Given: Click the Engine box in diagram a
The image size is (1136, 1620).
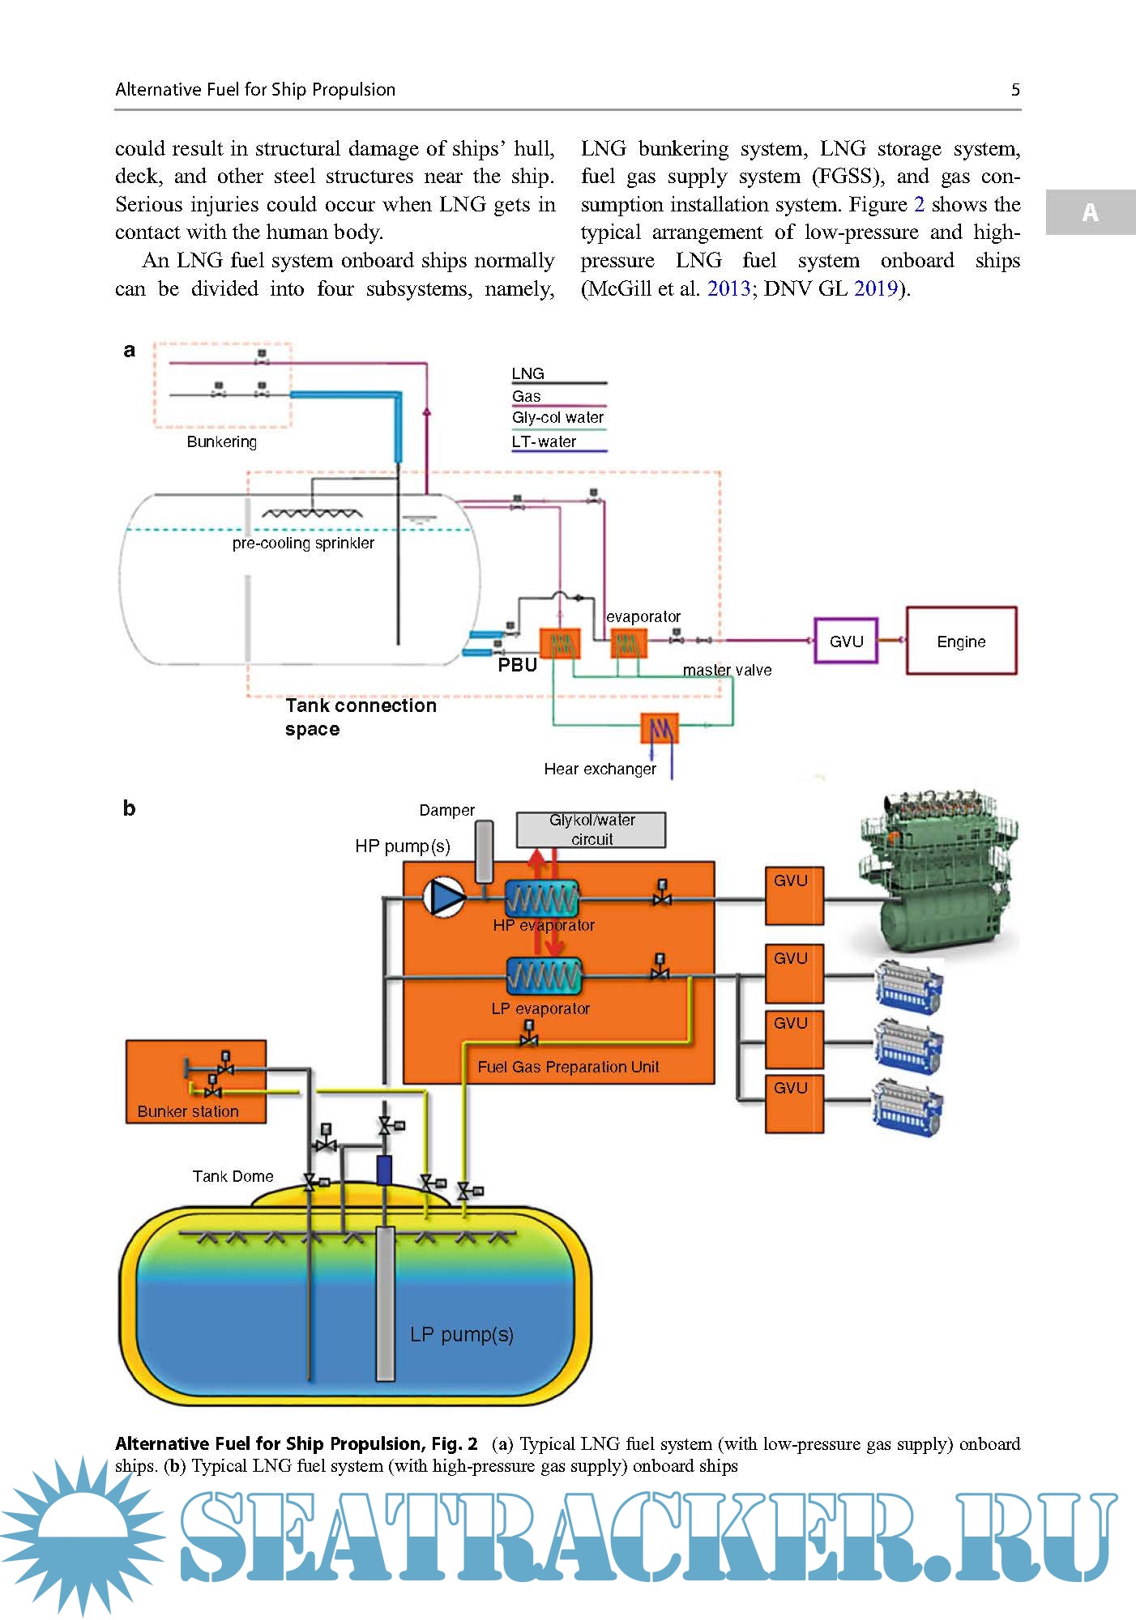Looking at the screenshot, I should point(961,641).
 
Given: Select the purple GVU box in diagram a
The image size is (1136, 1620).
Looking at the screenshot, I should point(846,641).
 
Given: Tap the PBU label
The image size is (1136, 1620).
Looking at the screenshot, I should point(518,665).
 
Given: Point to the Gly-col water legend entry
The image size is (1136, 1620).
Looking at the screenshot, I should point(558,418).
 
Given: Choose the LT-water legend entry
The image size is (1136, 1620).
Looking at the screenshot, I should point(544,442).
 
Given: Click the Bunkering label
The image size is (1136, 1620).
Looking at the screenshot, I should point(221,441).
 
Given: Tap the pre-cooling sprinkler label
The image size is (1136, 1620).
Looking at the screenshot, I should point(303,544).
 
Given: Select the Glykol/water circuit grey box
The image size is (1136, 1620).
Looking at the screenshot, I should point(591,830).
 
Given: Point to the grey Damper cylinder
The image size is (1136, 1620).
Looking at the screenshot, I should point(484,851).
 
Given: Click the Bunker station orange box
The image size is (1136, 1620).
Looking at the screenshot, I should point(196,1081).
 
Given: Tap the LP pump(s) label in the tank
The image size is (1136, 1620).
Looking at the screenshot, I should point(462,1334).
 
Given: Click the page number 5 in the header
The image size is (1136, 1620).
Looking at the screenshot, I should point(1015,90).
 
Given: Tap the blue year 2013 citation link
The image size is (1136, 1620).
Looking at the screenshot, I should point(728,289).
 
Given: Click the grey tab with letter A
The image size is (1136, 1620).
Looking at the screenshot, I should point(1091,212).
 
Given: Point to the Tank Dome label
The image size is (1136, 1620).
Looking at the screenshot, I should point(233,1176).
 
